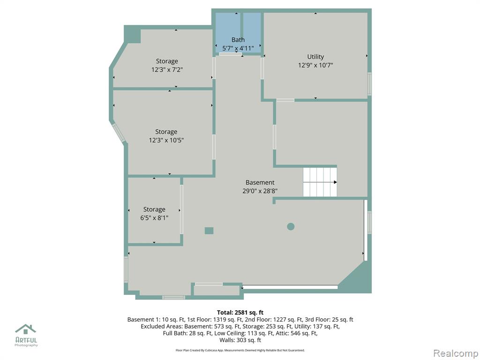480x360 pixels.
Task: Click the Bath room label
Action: [x=238, y=40]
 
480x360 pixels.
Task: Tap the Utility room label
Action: [x=315, y=57]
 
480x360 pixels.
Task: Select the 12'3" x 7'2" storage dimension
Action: [x=167, y=69]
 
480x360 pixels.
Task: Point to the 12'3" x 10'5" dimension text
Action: [x=166, y=140]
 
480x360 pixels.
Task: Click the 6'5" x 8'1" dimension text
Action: [x=154, y=218]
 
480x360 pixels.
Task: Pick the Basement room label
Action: [x=260, y=182]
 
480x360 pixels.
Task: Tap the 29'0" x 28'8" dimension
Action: [x=260, y=191]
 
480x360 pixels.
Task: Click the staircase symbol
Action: [x=320, y=182]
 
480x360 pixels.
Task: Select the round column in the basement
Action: [x=291, y=226]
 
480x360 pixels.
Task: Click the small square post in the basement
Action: [x=209, y=231]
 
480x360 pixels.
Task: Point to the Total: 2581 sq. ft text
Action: [x=240, y=313]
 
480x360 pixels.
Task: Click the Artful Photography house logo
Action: [x=26, y=329]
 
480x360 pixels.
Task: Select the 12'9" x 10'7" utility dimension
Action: [x=315, y=65]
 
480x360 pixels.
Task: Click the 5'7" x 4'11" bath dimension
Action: [x=238, y=48]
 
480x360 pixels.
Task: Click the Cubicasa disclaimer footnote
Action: [x=240, y=350]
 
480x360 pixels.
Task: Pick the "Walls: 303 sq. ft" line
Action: [x=240, y=340]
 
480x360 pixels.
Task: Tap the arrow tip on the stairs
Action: [x=337, y=182]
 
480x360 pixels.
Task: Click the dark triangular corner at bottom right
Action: [x=358, y=278]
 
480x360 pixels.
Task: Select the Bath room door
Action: [x=231, y=54]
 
